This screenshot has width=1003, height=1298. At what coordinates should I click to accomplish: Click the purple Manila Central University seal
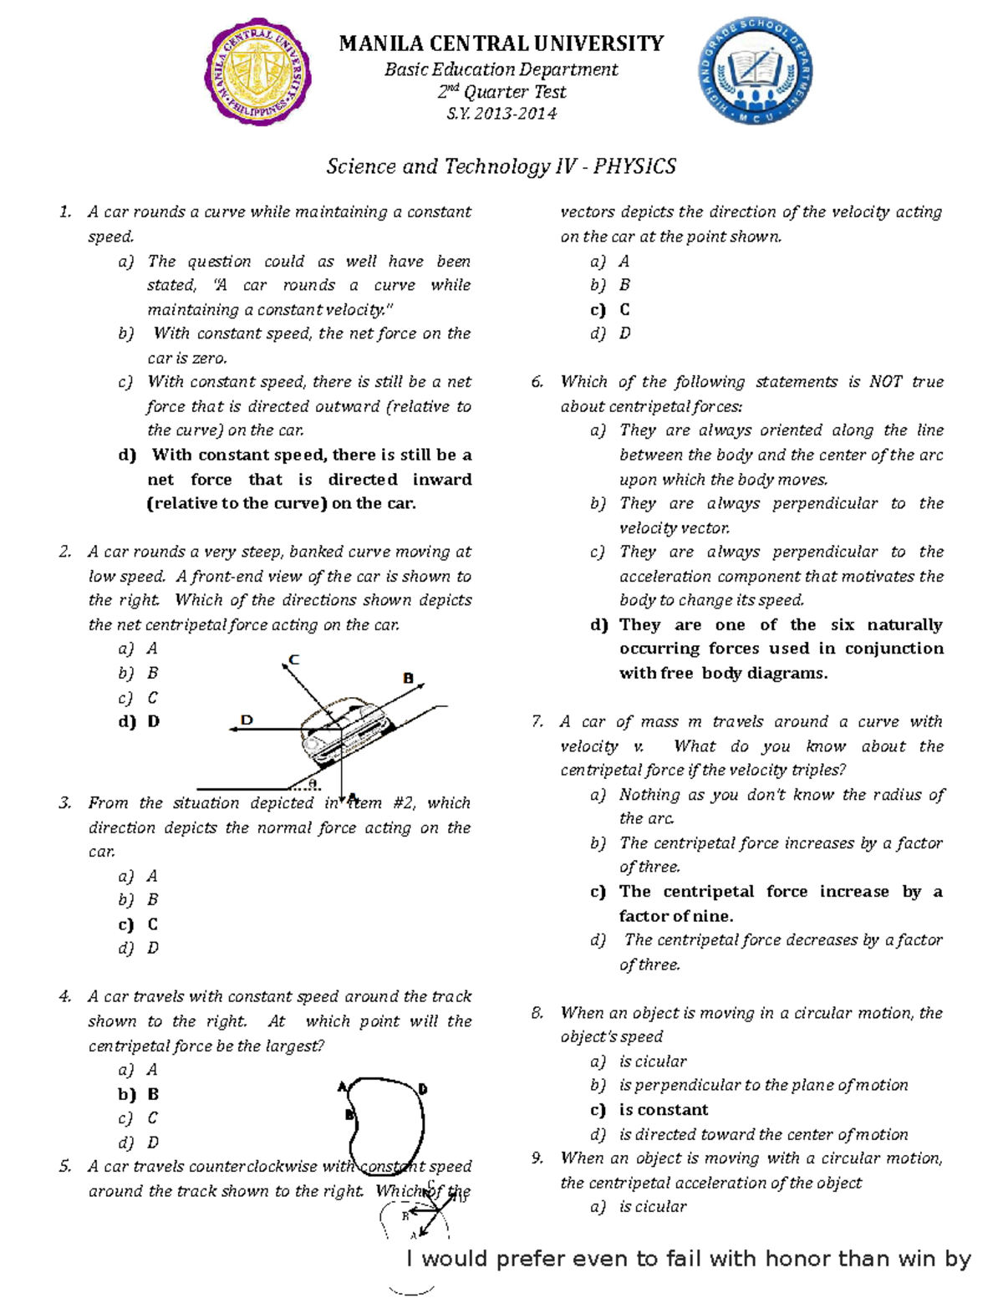pos(258,73)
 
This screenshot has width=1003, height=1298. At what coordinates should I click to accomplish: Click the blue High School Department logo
pos(754,73)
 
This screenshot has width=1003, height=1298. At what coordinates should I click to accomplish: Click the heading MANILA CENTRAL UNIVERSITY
pos(501,43)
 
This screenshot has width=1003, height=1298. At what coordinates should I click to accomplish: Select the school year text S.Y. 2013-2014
pos(501,114)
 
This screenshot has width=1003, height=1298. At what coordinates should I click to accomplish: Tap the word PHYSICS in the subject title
pos(634,166)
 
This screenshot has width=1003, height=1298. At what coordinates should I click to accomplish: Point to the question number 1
pos(65,212)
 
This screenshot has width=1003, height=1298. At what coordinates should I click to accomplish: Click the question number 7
pos(537,721)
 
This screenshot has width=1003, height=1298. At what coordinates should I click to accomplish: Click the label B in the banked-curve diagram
pos(409,678)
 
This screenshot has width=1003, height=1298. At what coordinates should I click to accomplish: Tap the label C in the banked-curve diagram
pos(294,660)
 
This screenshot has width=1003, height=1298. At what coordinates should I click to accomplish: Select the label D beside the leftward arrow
pos(247,719)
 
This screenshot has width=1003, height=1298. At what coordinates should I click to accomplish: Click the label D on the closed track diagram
pos(423,1089)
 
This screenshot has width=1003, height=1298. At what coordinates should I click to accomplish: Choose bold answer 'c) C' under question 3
pos(138,924)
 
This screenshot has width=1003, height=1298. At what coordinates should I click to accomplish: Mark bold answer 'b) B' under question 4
pos(138,1094)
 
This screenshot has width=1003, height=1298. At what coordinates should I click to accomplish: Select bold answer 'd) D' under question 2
pos(138,721)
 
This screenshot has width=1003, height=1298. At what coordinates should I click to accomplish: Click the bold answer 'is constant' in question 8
pos(664,1110)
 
